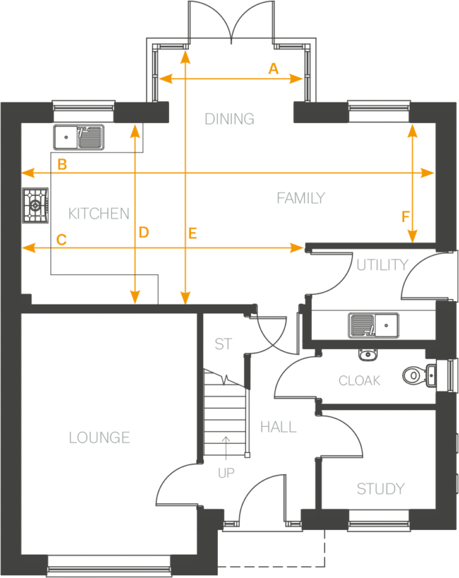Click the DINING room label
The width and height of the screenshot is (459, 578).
click(229, 119)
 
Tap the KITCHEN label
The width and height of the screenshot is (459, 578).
click(100, 214)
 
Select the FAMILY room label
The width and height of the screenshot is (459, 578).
click(300, 199)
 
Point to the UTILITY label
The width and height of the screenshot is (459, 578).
click(382, 265)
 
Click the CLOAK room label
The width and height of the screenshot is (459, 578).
click(359, 380)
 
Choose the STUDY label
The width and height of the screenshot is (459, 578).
click(380, 489)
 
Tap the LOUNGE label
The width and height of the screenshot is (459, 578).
click(100, 437)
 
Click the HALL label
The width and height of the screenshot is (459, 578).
click(278, 427)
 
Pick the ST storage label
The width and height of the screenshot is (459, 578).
click(223, 344)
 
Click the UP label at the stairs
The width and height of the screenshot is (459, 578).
click(226, 474)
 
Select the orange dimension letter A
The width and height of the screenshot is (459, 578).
click(273, 68)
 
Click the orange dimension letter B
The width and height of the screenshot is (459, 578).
click(62, 164)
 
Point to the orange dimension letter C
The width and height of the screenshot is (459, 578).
click(61, 240)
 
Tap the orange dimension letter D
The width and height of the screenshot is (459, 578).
click(143, 233)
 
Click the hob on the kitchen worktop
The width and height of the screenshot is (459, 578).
click(36, 205)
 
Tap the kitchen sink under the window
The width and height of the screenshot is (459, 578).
click(80, 137)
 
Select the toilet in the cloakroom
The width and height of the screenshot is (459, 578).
click(416, 375)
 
